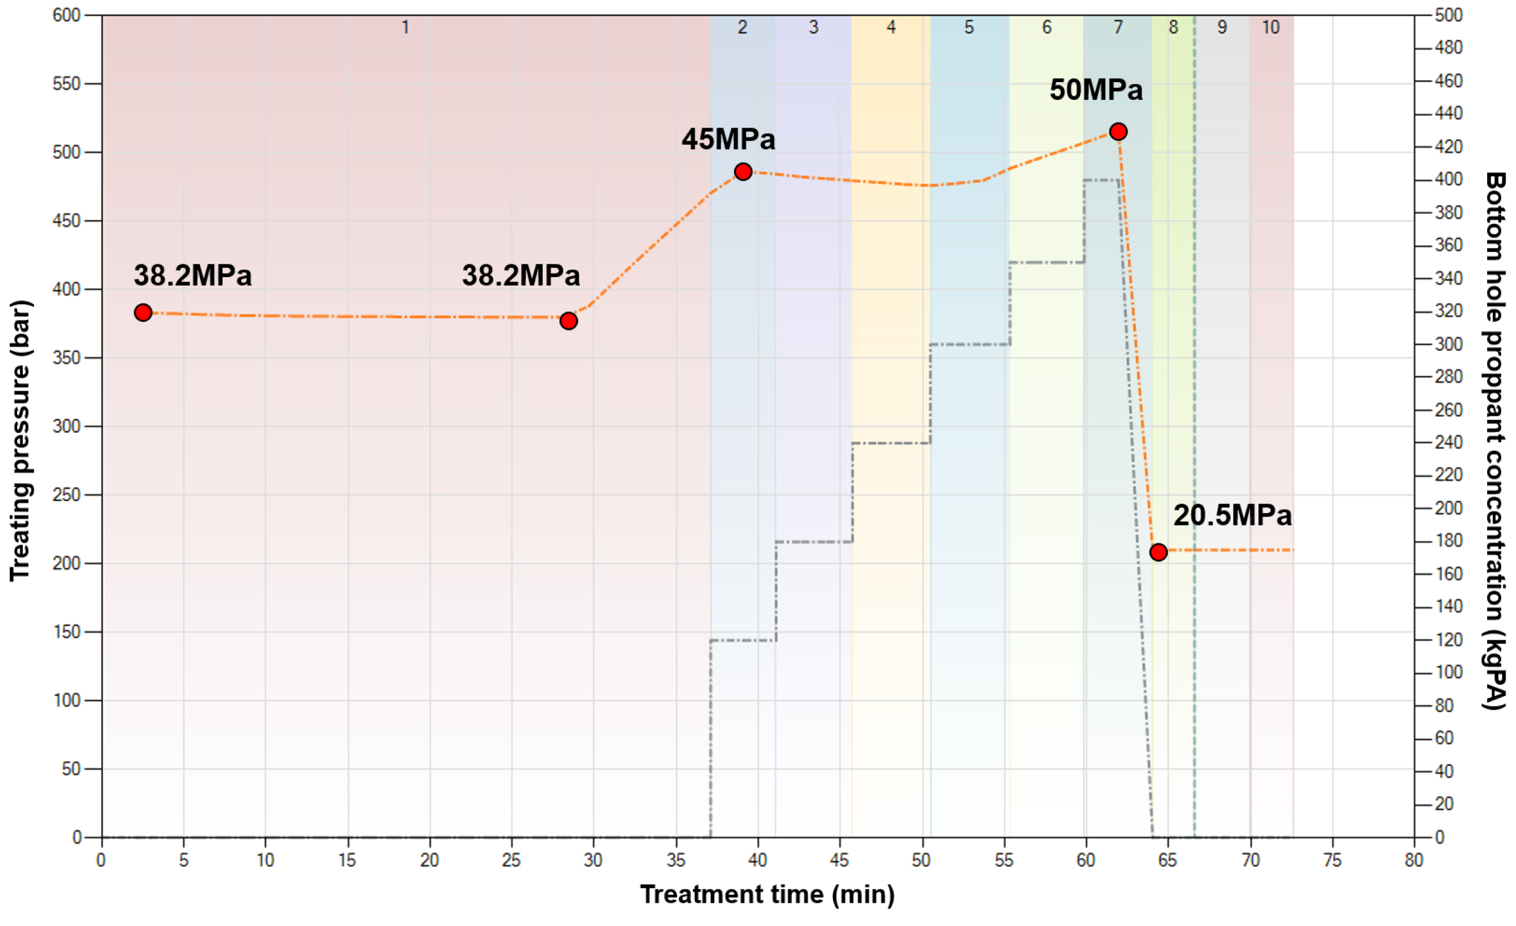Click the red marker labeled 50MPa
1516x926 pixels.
click(x=1118, y=132)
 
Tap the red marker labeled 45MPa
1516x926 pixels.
click(x=743, y=172)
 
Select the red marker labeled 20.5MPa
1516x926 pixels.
click(x=1159, y=552)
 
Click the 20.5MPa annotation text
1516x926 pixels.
click(x=1232, y=515)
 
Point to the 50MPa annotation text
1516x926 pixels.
click(x=1096, y=90)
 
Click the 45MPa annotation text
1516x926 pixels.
click(x=728, y=139)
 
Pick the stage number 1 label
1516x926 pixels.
click(x=405, y=27)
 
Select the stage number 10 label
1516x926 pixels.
click(x=1270, y=27)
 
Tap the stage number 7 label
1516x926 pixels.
click(x=1118, y=27)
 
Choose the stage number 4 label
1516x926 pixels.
click(x=891, y=27)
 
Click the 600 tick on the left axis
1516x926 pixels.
click(x=66, y=15)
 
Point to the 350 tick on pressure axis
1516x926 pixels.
click(x=66, y=358)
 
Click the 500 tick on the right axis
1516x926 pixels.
click(x=1448, y=15)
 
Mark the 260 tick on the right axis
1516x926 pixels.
click(x=1448, y=410)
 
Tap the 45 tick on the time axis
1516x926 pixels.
click(x=839, y=860)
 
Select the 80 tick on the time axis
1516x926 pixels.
click(x=1414, y=860)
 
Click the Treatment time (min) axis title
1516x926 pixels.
click(x=767, y=894)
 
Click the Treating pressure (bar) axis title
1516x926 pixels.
click(x=20, y=440)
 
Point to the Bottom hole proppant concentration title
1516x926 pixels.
click(x=1495, y=440)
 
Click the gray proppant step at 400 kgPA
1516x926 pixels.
click(x=1101, y=180)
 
